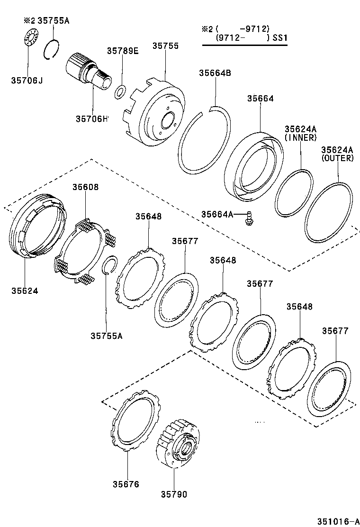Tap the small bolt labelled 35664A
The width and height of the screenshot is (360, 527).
[248, 218]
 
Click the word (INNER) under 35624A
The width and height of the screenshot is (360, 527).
[300, 137]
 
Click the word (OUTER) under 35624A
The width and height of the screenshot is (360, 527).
[337, 158]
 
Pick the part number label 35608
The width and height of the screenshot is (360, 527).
[86, 187]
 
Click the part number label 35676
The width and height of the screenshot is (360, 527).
[126, 484]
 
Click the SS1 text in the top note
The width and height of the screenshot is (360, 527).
[280, 38]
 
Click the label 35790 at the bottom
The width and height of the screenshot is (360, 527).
[174, 495]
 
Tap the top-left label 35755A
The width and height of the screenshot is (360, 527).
[54, 21]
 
